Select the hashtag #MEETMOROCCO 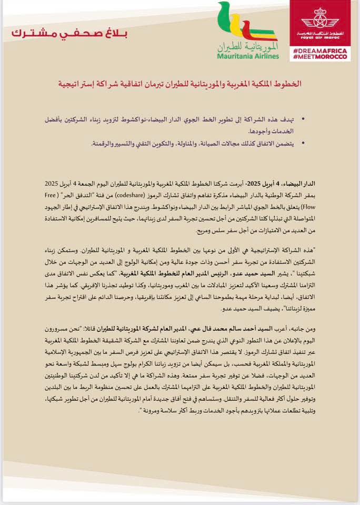point(320,56)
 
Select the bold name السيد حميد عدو point(222,273)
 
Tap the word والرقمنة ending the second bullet point(104,144)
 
